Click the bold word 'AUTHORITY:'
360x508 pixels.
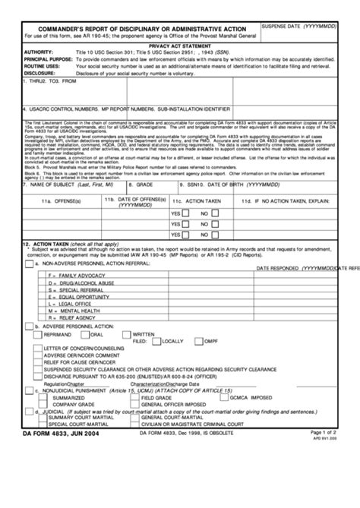[x=37, y=52]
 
